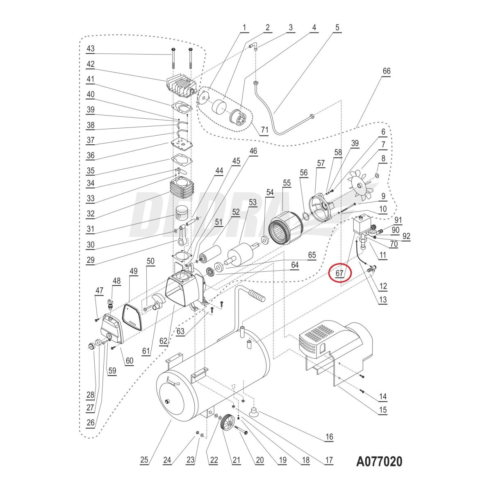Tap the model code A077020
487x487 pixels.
point(379,462)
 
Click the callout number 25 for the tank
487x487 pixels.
point(144,460)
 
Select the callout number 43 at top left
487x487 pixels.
point(90,48)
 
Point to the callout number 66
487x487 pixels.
point(386,71)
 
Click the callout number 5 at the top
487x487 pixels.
point(337,27)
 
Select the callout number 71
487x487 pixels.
point(264,130)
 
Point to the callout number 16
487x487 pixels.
point(329,437)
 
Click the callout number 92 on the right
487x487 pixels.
point(406,236)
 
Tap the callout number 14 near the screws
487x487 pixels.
point(382,396)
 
